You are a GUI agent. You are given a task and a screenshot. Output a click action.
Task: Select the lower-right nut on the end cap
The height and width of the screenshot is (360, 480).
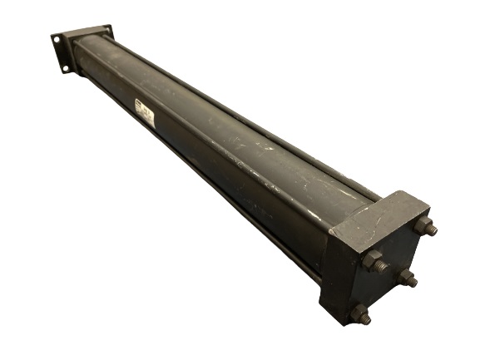point(406,279)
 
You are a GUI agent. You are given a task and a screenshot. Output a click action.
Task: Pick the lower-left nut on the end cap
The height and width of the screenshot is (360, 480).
point(359,313)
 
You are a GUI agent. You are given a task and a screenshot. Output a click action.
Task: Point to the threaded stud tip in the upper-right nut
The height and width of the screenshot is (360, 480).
point(432,229)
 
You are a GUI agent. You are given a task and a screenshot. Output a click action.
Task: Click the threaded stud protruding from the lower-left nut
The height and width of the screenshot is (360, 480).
point(367,318)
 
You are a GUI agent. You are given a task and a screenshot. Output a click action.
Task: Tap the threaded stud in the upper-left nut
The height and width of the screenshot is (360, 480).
point(381,266)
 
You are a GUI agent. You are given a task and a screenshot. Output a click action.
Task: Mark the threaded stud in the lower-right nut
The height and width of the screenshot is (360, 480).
point(413,283)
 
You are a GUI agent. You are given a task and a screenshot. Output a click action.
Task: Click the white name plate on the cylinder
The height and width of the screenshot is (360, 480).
point(142,114)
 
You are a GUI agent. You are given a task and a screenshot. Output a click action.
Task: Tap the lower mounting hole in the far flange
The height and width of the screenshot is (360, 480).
point(66,67)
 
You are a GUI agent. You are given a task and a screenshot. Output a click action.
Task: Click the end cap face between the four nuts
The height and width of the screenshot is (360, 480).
point(391,270)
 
